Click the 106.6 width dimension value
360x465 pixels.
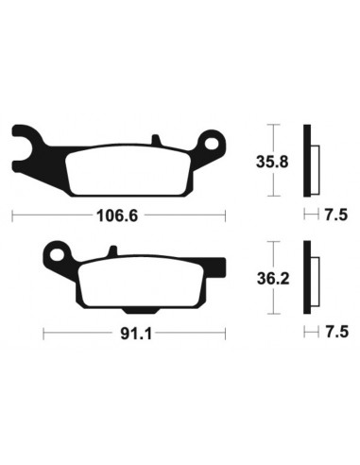118,215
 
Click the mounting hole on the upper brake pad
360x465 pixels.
213,145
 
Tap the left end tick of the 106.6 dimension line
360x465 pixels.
10,215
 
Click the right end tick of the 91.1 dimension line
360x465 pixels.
226,333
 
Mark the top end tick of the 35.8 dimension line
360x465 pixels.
273,125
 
